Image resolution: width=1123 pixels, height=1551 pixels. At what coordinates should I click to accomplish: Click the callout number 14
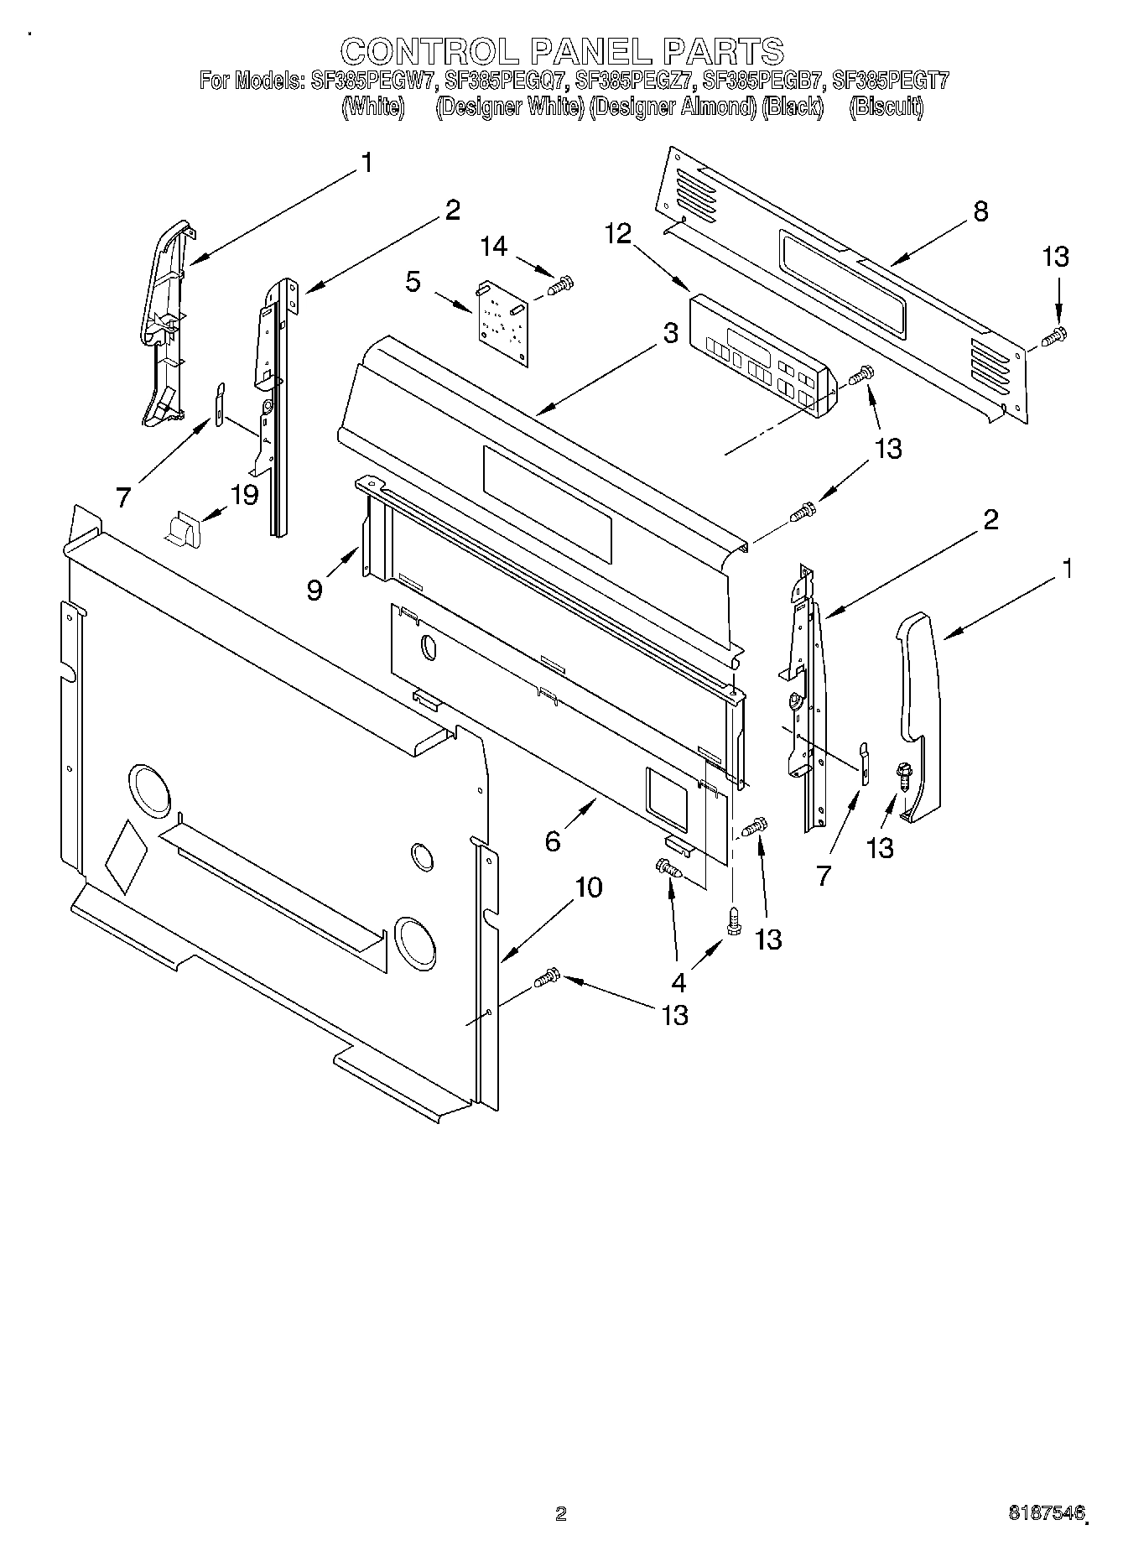494,247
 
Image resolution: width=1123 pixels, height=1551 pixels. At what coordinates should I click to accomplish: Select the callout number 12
618,234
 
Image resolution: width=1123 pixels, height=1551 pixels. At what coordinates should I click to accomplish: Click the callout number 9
314,591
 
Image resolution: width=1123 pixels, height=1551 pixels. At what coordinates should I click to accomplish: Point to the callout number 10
589,887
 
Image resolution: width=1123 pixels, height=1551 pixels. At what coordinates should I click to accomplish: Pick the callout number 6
553,841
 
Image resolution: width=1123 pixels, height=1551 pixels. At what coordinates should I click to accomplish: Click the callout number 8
980,211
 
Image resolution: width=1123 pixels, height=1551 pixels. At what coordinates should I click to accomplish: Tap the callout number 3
669,333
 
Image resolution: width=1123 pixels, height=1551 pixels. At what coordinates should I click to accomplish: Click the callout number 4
678,982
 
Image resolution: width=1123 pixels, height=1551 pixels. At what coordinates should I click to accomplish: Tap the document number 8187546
1048,1513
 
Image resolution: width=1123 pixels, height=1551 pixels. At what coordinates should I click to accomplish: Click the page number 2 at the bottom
561,1514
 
